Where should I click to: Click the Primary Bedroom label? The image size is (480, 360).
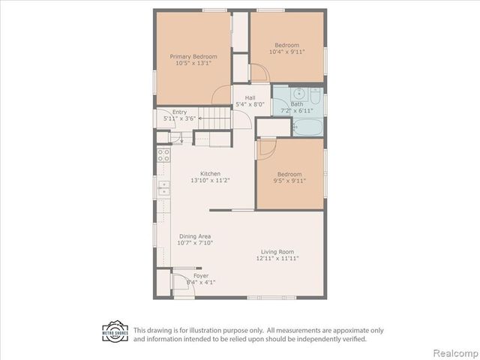(x=193, y=57)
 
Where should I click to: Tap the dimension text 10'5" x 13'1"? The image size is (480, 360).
(x=193, y=64)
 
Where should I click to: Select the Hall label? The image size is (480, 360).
(x=250, y=97)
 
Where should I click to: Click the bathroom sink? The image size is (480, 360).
(x=298, y=94)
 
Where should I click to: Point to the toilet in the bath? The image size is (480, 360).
(x=315, y=100)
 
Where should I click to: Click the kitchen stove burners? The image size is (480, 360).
(x=163, y=156)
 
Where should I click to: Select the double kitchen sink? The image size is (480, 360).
(x=163, y=187)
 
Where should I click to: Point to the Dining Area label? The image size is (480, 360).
(x=194, y=236)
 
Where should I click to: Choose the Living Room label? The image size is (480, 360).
(x=277, y=251)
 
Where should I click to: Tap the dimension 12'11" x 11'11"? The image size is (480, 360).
(x=277, y=259)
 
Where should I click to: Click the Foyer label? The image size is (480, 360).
(x=201, y=276)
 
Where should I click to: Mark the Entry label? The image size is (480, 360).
(x=180, y=112)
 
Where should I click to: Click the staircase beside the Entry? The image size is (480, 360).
(x=217, y=118)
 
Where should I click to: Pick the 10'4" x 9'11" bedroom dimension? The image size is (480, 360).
(x=286, y=52)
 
